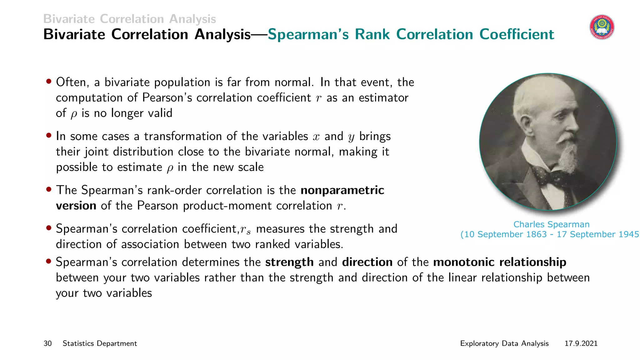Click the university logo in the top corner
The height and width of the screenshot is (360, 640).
602,27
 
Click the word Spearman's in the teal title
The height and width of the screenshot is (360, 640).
308,34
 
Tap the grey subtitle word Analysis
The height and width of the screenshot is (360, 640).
192,19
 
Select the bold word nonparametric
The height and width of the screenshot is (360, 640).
342,190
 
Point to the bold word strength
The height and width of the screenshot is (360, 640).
289,262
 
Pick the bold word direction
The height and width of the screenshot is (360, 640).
367,262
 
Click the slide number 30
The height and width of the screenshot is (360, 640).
47,343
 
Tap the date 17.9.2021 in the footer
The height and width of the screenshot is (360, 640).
581,343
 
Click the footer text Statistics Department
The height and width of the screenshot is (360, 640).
100,343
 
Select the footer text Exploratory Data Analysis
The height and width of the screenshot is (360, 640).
504,343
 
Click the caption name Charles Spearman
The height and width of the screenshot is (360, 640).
551,224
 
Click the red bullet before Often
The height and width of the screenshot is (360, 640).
49,82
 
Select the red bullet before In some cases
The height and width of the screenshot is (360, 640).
49,136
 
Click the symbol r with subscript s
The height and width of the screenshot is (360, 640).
245,230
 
